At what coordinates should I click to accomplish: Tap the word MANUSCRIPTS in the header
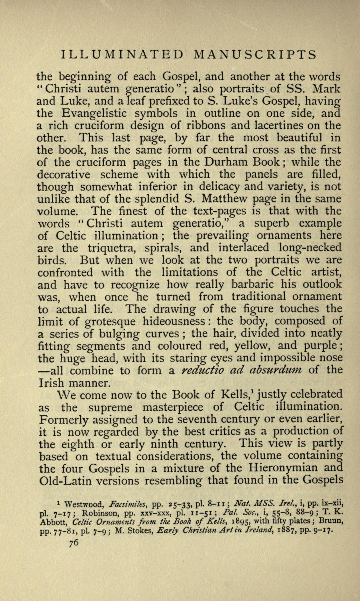[255, 54]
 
